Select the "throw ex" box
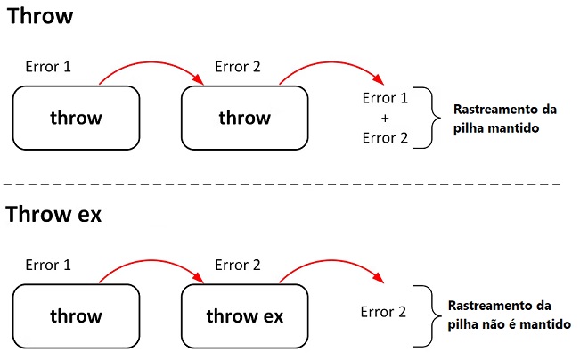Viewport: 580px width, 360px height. (x=244, y=315)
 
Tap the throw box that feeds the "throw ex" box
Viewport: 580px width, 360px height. (x=76, y=315)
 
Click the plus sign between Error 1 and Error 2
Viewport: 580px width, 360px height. (x=385, y=118)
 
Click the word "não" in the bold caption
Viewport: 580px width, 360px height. (x=499, y=323)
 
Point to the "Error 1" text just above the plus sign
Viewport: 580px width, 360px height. (x=385, y=98)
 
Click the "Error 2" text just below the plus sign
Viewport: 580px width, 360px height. (x=385, y=137)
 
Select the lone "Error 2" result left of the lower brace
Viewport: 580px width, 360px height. (x=384, y=312)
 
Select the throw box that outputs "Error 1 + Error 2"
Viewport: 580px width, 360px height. (x=244, y=117)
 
